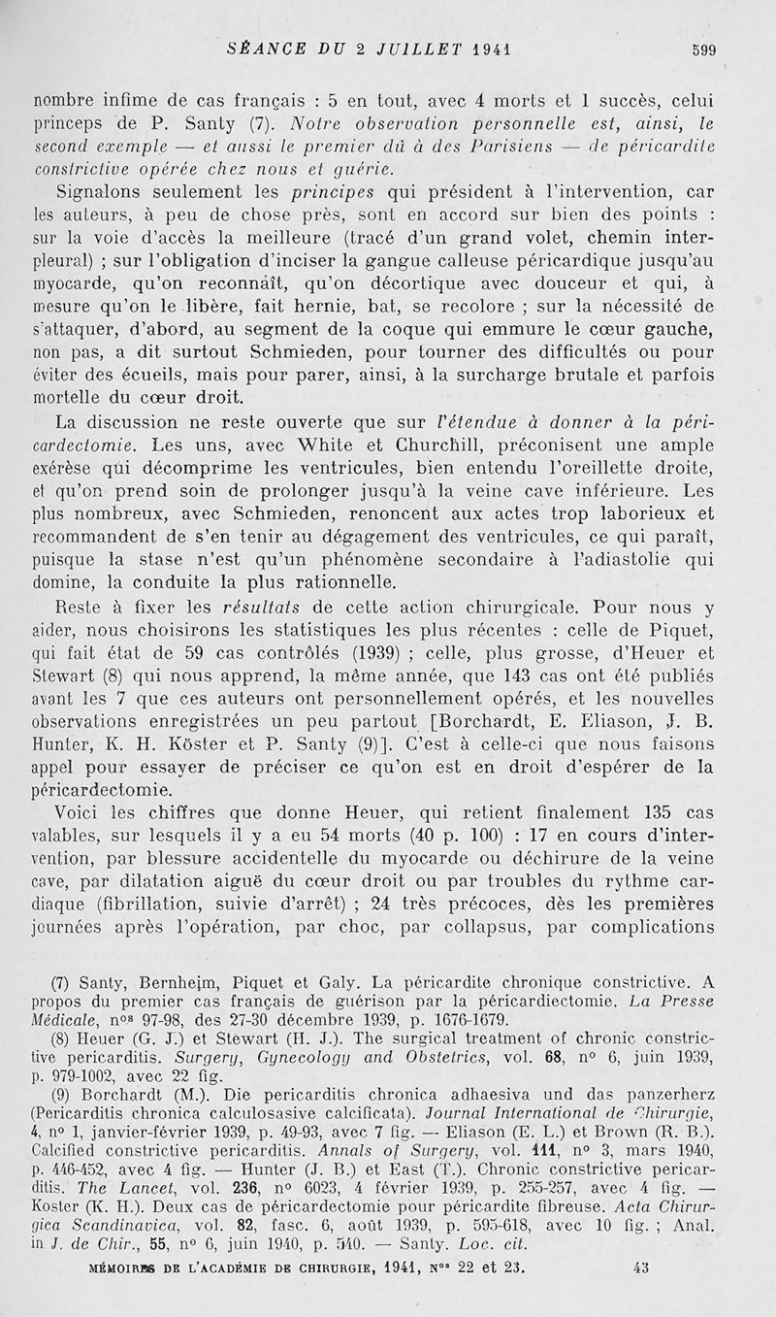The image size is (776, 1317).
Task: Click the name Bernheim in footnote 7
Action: [180, 983]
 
